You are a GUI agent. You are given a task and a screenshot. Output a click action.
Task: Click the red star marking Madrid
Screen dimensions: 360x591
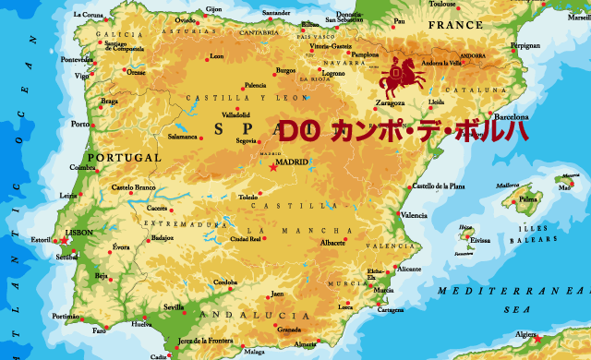tap(272, 168)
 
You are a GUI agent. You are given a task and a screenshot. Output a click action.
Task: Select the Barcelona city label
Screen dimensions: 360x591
tap(512, 118)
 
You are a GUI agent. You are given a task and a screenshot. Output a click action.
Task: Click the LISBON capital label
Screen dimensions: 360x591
tap(78, 233)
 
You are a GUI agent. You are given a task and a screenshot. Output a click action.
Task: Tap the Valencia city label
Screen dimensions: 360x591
tap(414, 215)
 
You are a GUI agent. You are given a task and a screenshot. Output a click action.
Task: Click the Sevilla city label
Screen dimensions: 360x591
tap(174, 306)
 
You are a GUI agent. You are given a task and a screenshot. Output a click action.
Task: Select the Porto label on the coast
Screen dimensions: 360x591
tap(80, 124)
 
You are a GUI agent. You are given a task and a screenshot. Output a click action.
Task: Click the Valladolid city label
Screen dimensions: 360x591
tap(235, 115)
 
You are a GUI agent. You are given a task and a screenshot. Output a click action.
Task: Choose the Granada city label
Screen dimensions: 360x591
tap(289, 330)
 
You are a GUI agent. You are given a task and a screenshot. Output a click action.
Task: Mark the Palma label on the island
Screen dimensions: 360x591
tap(528, 198)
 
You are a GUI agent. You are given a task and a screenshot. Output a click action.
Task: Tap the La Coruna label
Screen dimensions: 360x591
tap(89, 15)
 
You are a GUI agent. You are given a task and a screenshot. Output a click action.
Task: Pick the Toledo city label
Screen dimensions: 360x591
tap(248, 198)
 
